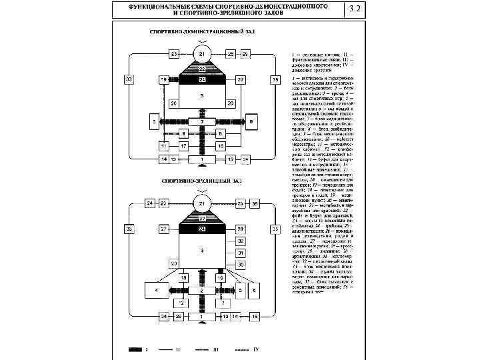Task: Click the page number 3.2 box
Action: [355, 10]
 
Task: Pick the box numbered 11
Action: [164, 145]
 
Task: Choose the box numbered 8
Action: [183, 134]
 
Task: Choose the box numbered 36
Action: [254, 203]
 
